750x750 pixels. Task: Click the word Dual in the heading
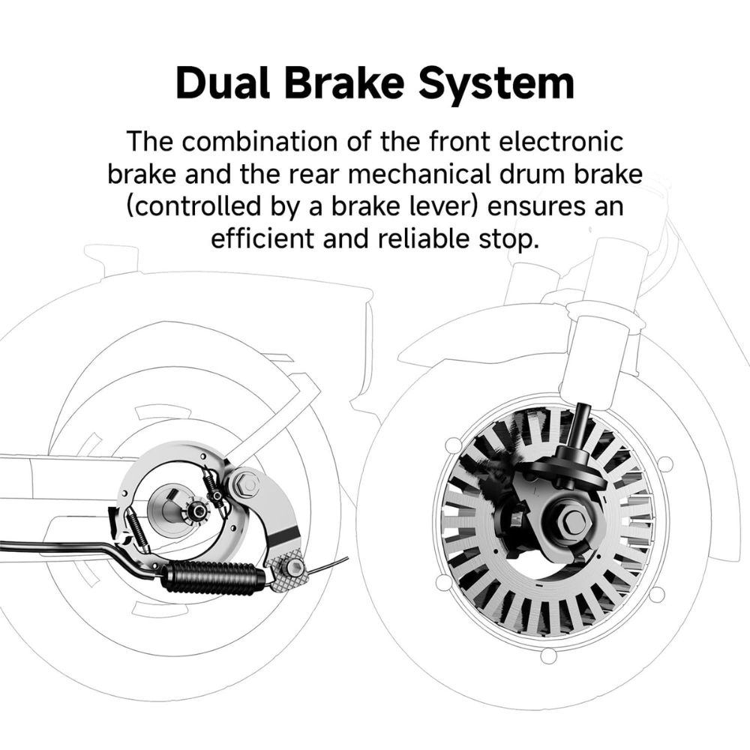coord(223,82)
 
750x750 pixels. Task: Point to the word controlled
coord(193,206)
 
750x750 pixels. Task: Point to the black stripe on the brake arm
coord(286,535)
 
